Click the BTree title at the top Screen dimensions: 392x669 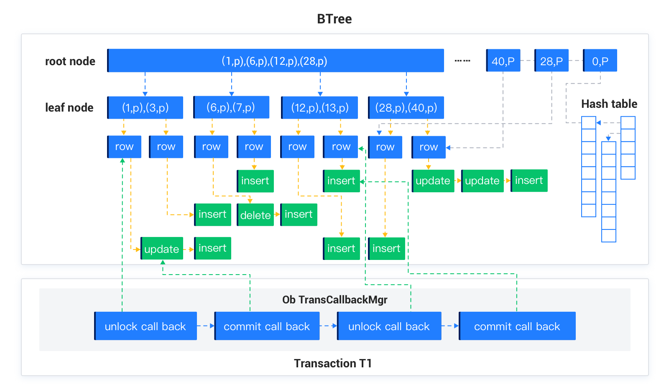(334, 19)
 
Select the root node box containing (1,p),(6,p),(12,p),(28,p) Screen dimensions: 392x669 (275, 61)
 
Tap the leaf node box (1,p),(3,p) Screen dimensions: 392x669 (145, 108)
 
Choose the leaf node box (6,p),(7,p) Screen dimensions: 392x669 (231, 107)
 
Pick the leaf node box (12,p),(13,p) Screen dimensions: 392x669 (319, 108)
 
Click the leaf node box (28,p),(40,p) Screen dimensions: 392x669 (406, 108)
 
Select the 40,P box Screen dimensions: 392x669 (503, 61)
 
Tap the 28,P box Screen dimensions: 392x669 (551, 61)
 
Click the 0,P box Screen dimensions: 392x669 (600, 61)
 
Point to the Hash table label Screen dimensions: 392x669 (609, 104)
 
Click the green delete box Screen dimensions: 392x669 (255, 215)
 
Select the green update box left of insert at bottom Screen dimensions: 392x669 (162, 249)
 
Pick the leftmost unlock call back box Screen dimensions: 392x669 (145, 326)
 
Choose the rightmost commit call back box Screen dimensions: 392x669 (517, 326)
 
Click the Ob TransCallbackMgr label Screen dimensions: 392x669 (334, 300)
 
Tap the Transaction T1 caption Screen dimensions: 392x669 (332, 363)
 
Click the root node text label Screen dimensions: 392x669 (70, 61)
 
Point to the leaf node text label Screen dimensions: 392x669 (69, 108)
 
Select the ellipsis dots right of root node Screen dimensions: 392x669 (462, 61)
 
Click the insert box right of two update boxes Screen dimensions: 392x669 (529, 181)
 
